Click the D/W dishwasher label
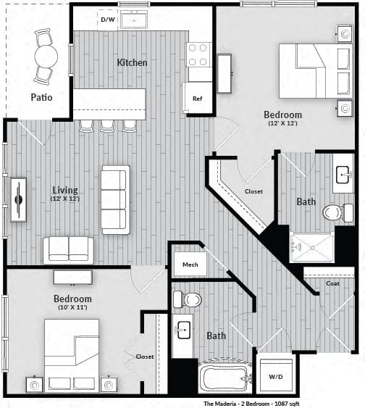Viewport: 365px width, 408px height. (x=108, y=20)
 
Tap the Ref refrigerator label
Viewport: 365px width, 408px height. (x=197, y=99)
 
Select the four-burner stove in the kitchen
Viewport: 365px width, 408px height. (x=198, y=55)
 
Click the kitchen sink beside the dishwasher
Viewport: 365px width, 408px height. (x=134, y=20)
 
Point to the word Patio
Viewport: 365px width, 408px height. (x=41, y=97)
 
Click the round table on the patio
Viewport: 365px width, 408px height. (x=46, y=57)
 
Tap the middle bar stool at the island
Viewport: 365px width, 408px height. (x=107, y=126)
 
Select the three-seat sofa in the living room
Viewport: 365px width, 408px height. (x=115, y=200)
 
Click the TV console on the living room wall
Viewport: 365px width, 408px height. (x=18, y=199)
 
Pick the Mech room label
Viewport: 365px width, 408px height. (x=190, y=265)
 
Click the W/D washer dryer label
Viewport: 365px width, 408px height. (x=276, y=377)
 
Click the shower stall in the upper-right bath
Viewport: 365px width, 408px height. (x=311, y=247)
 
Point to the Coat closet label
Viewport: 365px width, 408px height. (x=332, y=283)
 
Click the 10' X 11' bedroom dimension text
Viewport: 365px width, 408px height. (x=72, y=307)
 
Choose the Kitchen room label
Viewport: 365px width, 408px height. (x=132, y=62)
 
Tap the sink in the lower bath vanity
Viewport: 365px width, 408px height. (x=183, y=330)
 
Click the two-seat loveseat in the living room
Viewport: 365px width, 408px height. (x=68, y=250)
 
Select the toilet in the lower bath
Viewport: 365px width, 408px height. (x=187, y=299)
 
